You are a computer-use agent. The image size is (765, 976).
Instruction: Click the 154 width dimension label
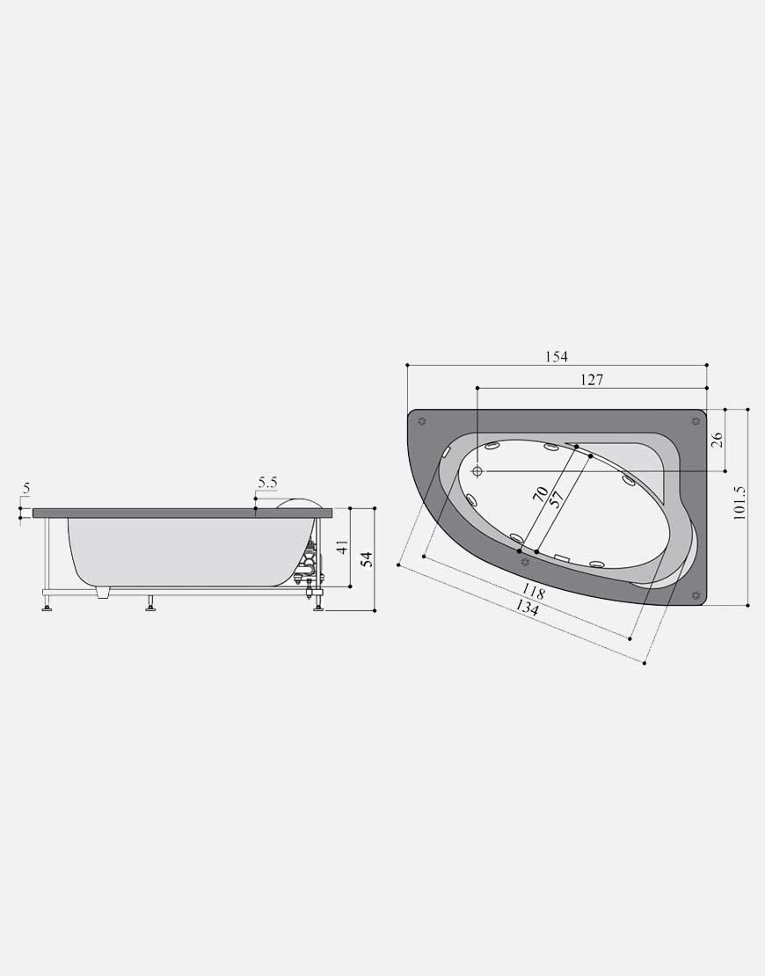point(557,357)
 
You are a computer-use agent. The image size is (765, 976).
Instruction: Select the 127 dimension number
point(591,380)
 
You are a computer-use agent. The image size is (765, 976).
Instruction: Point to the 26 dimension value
point(717,440)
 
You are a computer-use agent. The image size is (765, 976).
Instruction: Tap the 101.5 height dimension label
point(739,502)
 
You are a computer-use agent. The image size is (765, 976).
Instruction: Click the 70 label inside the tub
point(540,494)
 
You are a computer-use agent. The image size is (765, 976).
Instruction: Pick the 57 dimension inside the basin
point(557,499)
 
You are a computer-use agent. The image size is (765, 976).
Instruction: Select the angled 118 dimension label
point(533,592)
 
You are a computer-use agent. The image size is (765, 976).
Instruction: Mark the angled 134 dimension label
point(528,608)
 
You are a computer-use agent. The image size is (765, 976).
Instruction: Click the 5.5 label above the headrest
point(267,483)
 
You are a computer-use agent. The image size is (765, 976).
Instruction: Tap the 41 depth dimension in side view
point(342,548)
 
